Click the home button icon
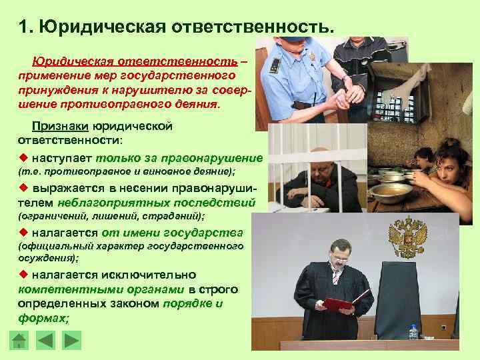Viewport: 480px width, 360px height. pyautogui.click(x=19, y=341)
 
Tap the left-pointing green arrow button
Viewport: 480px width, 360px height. pyautogui.click(x=45, y=341)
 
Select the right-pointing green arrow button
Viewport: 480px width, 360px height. pyautogui.click(x=70, y=341)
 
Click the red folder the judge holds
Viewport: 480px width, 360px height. pyautogui.click(x=339, y=305)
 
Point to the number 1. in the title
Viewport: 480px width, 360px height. pyautogui.click(x=26, y=28)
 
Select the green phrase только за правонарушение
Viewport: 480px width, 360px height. pyautogui.click(x=179, y=158)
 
